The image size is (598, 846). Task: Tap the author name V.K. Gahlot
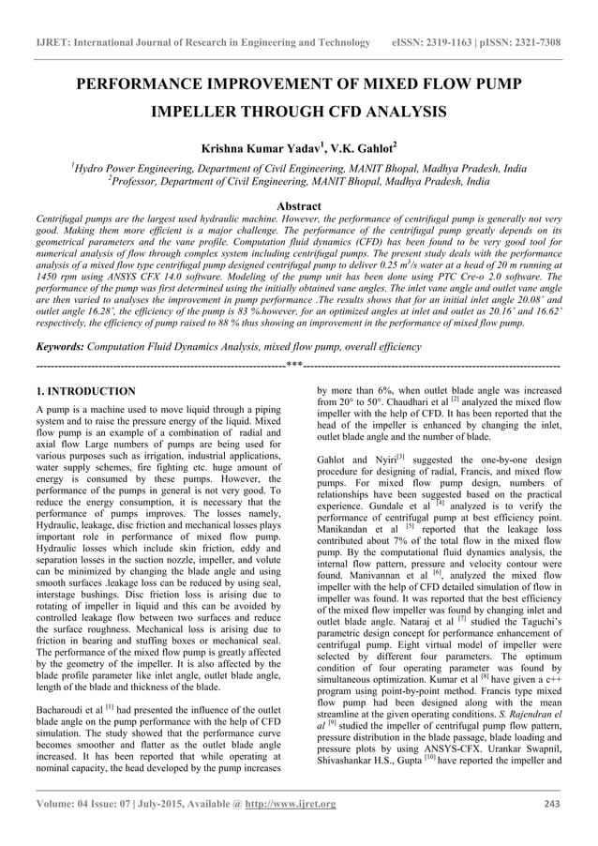[366, 147]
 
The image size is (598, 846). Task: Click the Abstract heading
[298, 206]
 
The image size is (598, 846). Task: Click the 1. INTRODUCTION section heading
[84, 391]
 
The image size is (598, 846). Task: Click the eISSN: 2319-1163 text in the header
[440, 43]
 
